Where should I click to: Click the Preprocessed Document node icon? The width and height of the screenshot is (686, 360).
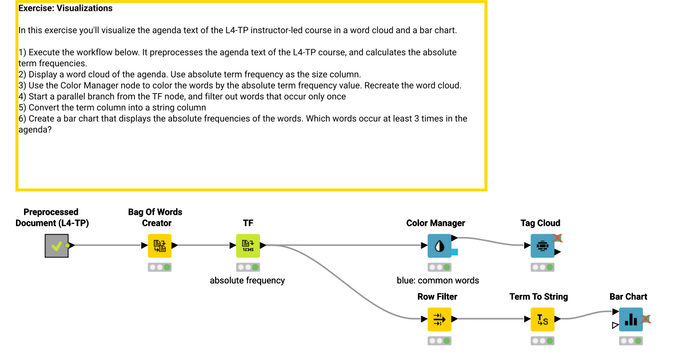[x=56, y=246]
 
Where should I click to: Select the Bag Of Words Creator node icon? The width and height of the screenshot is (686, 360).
[x=159, y=246]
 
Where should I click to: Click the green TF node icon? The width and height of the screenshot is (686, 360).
[x=248, y=246]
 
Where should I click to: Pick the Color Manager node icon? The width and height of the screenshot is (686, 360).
[x=439, y=246]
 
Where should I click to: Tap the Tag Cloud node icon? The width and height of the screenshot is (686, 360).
[x=543, y=246]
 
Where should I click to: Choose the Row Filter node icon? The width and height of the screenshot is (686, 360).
[x=439, y=319]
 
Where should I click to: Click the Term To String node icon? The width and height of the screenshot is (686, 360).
[x=543, y=319]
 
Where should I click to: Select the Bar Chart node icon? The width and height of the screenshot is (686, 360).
[x=631, y=319]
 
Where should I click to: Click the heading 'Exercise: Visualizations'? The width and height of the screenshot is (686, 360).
[x=65, y=9]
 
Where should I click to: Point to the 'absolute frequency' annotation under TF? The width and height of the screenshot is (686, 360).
[x=247, y=281]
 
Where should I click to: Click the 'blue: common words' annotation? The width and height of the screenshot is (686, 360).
[x=438, y=281]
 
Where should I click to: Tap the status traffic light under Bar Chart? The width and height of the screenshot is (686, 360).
[x=631, y=341]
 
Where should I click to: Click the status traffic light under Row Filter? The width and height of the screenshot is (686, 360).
[x=439, y=341]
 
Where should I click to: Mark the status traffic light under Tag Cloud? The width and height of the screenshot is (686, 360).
[x=543, y=267]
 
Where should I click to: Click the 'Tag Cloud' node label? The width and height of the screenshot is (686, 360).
[x=540, y=223]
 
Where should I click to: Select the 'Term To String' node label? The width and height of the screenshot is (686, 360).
[x=539, y=297]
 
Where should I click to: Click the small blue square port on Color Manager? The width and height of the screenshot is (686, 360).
[x=454, y=252]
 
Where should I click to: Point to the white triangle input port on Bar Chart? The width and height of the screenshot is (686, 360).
[x=615, y=326]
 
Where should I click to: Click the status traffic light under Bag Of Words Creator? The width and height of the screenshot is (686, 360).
[x=159, y=267]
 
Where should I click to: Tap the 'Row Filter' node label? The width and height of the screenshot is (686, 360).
[x=437, y=297]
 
